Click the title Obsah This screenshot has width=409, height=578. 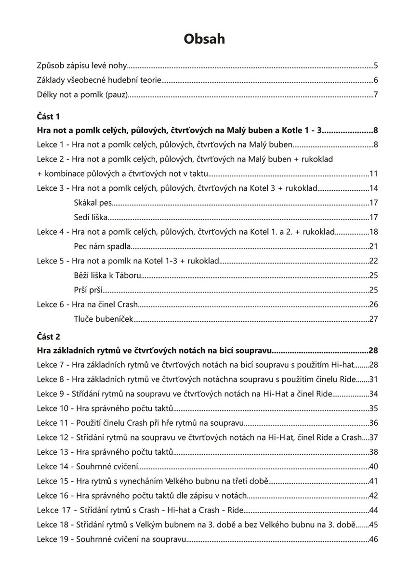tap(204, 39)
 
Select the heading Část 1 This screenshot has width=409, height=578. tap(49, 117)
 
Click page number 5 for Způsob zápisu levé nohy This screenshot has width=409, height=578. tap(375, 66)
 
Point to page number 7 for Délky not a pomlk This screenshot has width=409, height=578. tap(375, 94)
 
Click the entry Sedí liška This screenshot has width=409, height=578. tap(91, 218)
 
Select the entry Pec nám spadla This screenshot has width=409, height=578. tap(102, 247)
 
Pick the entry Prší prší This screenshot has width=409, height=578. tap(89, 290)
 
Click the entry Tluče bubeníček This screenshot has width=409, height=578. tap(104, 319)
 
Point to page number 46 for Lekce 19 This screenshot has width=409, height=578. tap(373, 539)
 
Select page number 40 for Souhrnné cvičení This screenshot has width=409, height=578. tap(373, 466)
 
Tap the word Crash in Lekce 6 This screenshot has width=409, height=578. tap(128, 304)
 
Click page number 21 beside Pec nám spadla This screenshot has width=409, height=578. tap(373, 247)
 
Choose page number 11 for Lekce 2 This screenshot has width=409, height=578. tap(373, 174)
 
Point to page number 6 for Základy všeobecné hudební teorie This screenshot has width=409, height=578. tap(375, 80)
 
